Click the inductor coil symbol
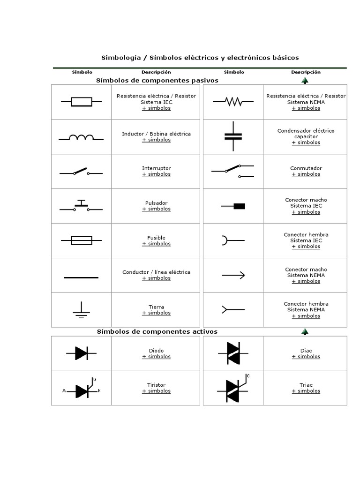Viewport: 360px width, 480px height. pos(81,137)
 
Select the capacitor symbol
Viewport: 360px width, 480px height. pos(233,136)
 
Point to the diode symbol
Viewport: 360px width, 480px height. pos(81,353)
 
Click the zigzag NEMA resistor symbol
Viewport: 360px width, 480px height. pos(233,101)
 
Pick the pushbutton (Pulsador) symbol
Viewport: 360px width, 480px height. pos(81,206)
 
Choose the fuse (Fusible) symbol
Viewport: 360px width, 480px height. pos(81,240)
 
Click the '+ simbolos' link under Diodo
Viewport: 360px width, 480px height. pos(156,357)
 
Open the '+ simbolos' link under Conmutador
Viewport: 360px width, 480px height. pos(306,174)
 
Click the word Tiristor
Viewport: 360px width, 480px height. pos(156,385)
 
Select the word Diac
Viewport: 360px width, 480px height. pos(306,351)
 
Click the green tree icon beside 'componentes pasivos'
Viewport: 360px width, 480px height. pos(305,81)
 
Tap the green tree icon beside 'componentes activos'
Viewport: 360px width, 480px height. pos(305,332)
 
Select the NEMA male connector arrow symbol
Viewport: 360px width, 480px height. pos(233,275)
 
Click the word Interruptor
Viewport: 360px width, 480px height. pos(156,168)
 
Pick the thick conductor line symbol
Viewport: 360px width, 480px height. pos(81,278)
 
